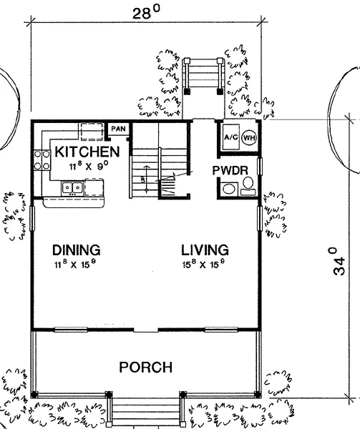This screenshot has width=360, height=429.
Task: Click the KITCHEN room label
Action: point(87,152)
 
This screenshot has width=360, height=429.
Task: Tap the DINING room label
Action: point(77,250)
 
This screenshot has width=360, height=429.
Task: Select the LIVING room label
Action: point(205,250)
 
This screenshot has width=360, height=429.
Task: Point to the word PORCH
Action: point(146,368)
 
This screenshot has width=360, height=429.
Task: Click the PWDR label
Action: point(230,170)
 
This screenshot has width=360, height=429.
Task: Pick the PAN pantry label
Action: point(119,129)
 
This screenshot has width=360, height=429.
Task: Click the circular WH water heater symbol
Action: point(249,137)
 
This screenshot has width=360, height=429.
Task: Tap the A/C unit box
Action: point(230,137)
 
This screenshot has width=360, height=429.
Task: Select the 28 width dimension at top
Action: point(146,13)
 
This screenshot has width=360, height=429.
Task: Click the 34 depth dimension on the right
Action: point(339,261)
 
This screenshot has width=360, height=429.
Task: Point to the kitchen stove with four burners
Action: point(42,160)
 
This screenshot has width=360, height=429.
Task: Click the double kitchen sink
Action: point(72,188)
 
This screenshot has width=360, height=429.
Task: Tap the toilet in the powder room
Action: point(248,186)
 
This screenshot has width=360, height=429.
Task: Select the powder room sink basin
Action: point(229,189)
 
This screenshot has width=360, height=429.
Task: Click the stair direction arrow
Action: point(147,178)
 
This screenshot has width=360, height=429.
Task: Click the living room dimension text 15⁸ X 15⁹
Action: point(204,264)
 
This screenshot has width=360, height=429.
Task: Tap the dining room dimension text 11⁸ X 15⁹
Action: point(75,264)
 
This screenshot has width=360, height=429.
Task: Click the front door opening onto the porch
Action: point(146,330)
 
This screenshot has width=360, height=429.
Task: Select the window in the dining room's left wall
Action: point(32,219)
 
